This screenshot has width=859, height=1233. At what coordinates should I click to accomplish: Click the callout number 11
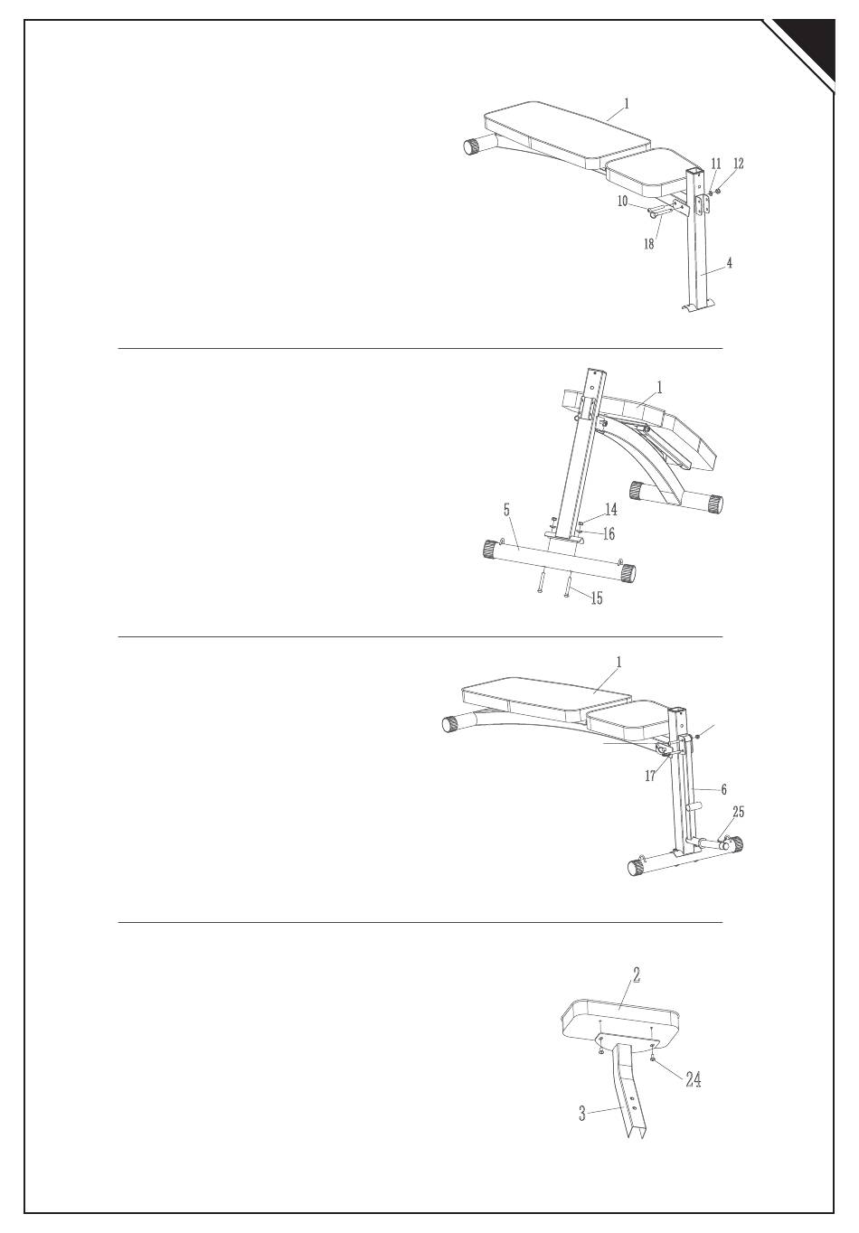pyautogui.click(x=716, y=164)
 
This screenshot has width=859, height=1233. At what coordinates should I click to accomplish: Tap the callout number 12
pyautogui.click(x=739, y=164)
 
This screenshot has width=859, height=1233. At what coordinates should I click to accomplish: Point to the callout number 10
pyautogui.click(x=622, y=202)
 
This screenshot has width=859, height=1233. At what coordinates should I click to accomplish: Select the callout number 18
pyautogui.click(x=649, y=244)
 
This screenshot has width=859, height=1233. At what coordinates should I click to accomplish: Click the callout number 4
pyautogui.click(x=729, y=264)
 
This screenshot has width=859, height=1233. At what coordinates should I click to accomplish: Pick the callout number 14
pyautogui.click(x=611, y=510)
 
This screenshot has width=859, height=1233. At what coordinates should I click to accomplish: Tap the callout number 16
pyautogui.click(x=609, y=533)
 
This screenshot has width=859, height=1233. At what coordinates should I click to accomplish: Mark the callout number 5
pyautogui.click(x=508, y=510)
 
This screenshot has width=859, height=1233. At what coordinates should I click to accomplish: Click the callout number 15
pyautogui.click(x=596, y=598)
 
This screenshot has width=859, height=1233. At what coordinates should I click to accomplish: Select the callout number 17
pyautogui.click(x=650, y=776)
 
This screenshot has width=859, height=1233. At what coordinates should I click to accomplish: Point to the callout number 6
pyautogui.click(x=723, y=789)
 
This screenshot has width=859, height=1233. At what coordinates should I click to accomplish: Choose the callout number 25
pyautogui.click(x=739, y=812)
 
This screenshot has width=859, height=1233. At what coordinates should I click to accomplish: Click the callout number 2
pyautogui.click(x=637, y=974)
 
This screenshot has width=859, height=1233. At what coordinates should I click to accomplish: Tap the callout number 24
pyautogui.click(x=693, y=1078)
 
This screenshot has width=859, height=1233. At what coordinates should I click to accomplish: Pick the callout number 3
pyautogui.click(x=583, y=1114)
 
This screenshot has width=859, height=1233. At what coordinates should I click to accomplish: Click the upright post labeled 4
pyautogui.click(x=699, y=253)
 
